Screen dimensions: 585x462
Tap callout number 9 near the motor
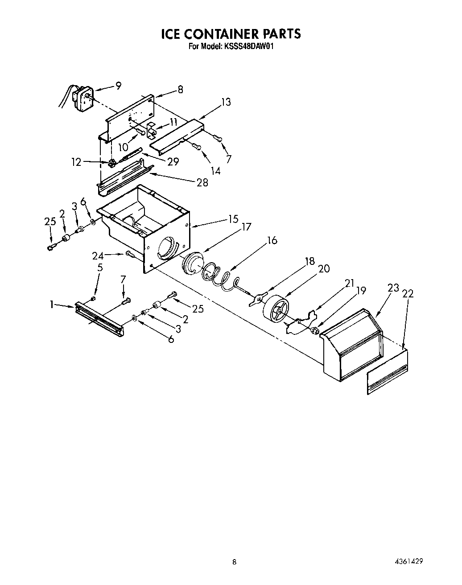tap(118, 86)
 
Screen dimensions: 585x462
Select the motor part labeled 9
tap(82, 97)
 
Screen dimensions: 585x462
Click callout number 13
tap(226, 102)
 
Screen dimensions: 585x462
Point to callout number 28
tap(202, 182)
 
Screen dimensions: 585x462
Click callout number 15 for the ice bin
tap(233, 219)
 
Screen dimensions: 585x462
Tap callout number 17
tap(246, 227)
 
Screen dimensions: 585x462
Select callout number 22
tap(408, 293)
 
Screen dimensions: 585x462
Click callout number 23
tap(393, 288)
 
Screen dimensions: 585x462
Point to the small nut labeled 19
tap(314, 330)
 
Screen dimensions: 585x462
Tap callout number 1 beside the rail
tap(52, 305)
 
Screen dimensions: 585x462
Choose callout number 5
tap(100, 268)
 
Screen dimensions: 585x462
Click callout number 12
tap(77, 162)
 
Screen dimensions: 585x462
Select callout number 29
tap(173, 161)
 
